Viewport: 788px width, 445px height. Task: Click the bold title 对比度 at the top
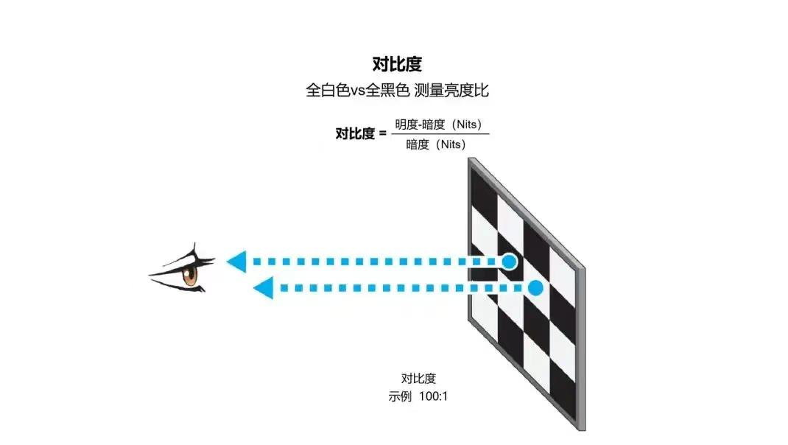pos(397,64)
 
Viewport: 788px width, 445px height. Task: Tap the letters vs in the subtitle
pos(357,91)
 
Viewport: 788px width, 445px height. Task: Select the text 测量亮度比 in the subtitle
pos(451,91)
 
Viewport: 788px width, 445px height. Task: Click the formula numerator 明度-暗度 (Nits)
pos(438,125)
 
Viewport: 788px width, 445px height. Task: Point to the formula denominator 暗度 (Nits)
pos(436,144)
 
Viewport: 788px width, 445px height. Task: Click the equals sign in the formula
pos(382,134)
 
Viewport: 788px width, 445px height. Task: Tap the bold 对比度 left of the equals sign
pos(355,134)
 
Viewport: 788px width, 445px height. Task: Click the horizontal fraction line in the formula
pos(440,134)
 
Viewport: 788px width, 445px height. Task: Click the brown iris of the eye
pos(190,275)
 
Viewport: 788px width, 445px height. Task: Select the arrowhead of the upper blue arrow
pos(236,262)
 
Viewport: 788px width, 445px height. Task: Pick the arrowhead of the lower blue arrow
pos(264,288)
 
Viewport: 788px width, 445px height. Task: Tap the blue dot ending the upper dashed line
pos(509,262)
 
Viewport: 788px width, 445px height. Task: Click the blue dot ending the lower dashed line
pos(535,288)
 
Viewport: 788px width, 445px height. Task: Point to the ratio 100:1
pos(433,396)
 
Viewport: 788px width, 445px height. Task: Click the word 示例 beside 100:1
pos(400,396)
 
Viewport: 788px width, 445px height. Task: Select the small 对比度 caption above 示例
pos(418,379)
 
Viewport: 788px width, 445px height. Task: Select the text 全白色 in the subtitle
pos(328,91)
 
